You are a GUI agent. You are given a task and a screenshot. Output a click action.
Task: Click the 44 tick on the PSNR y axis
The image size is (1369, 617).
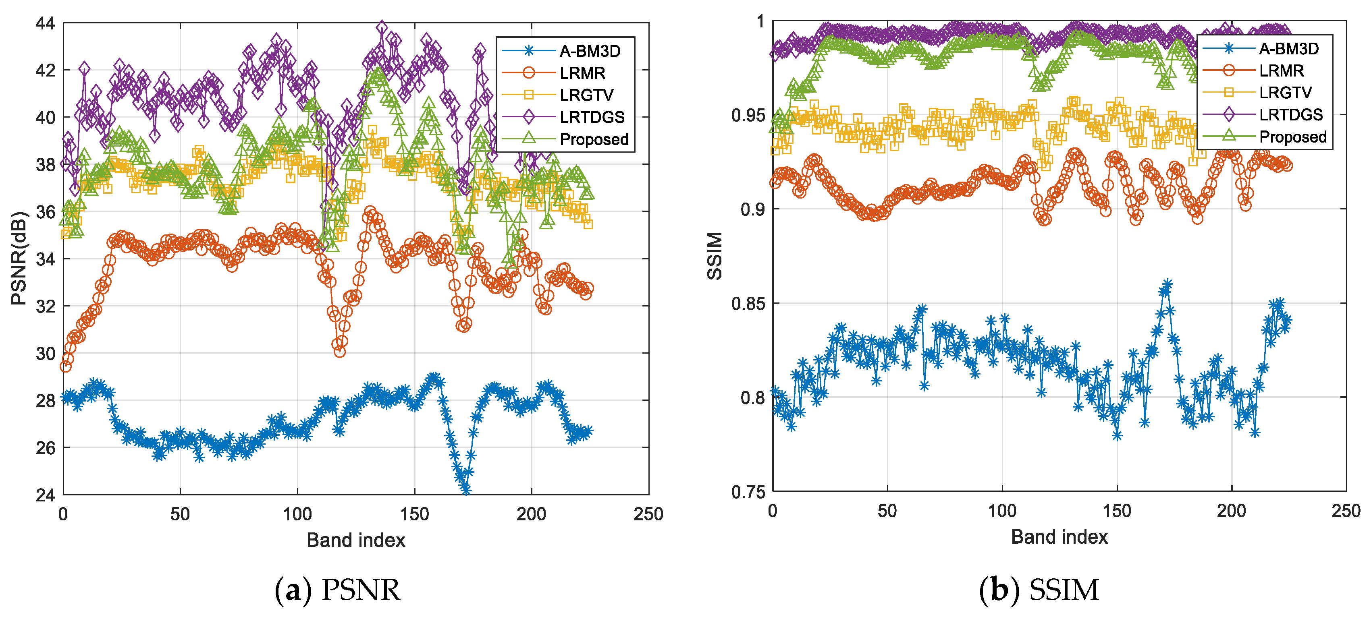click(45, 23)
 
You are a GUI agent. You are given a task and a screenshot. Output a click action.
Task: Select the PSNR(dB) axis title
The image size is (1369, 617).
click(19, 259)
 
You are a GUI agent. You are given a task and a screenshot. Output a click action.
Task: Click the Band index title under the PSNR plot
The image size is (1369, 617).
click(355, 540)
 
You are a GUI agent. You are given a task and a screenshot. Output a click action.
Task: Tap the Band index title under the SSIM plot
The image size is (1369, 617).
click(1059, 537)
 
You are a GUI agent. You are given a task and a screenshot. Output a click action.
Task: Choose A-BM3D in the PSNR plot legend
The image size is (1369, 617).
click(590, 51)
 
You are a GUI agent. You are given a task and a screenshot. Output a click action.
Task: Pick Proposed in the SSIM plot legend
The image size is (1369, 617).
click(1292, 137)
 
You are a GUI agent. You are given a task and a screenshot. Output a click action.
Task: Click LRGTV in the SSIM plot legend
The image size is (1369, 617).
click(1285, 92)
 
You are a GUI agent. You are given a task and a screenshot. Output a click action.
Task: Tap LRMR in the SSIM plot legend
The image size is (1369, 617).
click(1281, 70)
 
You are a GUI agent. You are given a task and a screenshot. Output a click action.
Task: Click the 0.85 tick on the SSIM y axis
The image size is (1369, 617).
click(748, 304)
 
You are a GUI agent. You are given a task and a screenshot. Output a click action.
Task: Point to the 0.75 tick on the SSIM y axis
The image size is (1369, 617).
click(748, 492)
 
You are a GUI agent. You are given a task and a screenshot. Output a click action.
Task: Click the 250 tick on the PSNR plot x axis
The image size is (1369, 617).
click(648, 514)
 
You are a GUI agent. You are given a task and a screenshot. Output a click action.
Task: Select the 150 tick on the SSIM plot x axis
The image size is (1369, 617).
click(1117, 511)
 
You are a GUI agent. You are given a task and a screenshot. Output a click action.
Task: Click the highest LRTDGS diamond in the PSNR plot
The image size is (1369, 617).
click(382, 27)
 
